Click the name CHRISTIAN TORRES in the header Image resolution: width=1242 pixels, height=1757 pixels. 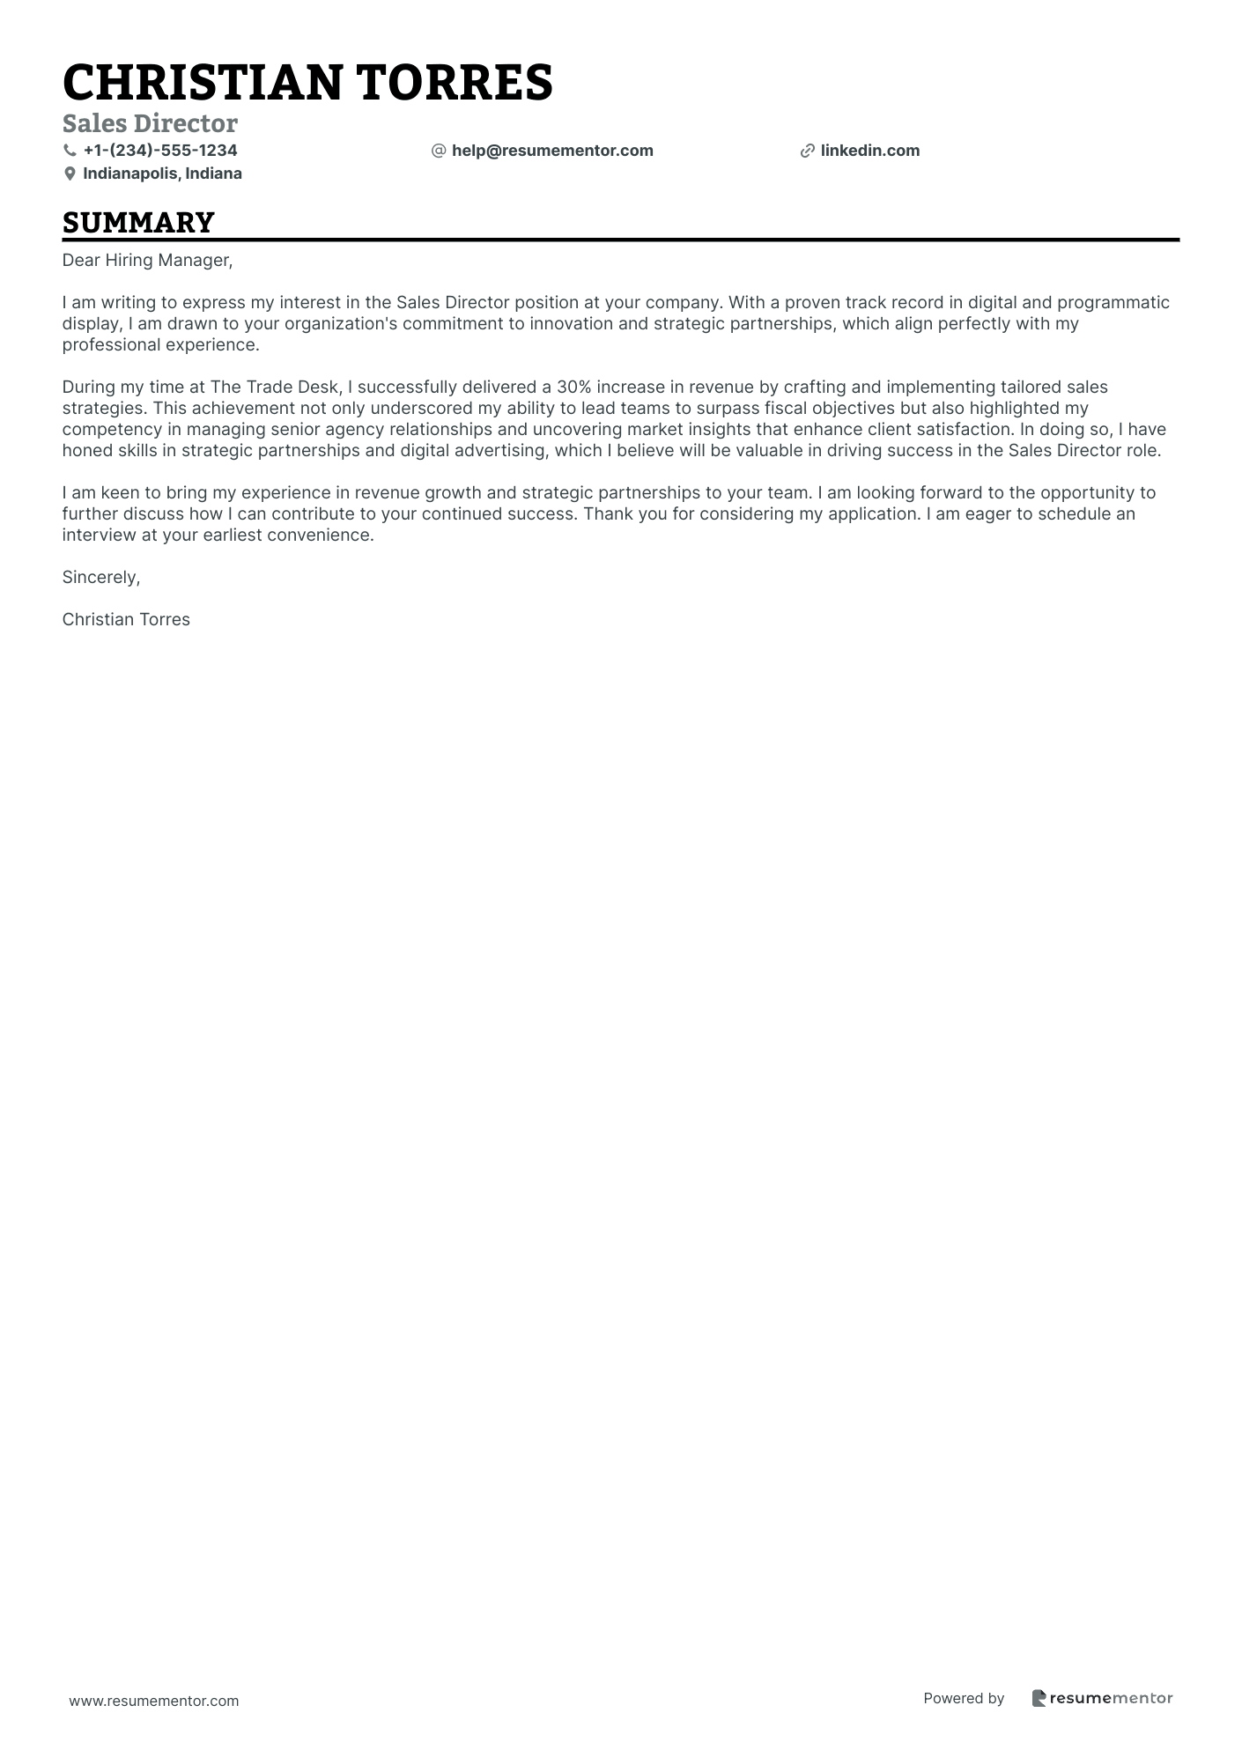[307, 83]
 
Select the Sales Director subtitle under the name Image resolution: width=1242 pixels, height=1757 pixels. [150, 123]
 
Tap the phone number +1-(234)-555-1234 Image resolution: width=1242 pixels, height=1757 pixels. [160, 151]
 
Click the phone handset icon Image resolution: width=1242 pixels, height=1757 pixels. [70, 151]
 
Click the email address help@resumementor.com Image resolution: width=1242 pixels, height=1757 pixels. [552, 151]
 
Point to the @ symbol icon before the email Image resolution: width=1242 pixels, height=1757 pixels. [439, 151]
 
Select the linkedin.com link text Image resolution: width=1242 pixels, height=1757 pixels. [869, 151]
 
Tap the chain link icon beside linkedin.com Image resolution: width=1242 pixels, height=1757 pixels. [807, 151]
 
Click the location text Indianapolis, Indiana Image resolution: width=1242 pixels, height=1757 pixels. [162, 173]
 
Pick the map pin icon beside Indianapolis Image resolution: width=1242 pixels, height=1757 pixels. [70, 174]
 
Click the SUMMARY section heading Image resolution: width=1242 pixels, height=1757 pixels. [138, 222]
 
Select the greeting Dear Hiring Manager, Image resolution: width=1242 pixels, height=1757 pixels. [147, 260]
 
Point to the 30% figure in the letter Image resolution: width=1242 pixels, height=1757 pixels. [573, 387]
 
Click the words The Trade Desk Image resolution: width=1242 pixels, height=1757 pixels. [274, 387]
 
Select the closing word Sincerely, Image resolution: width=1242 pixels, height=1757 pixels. [101, 577]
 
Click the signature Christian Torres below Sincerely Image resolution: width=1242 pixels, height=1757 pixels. [126, 619]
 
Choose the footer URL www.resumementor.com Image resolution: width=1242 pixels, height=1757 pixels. [154, 1701]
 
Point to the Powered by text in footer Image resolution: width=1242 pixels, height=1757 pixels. [964, 1698]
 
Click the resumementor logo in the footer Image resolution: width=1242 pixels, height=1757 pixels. [1102, 1698]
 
